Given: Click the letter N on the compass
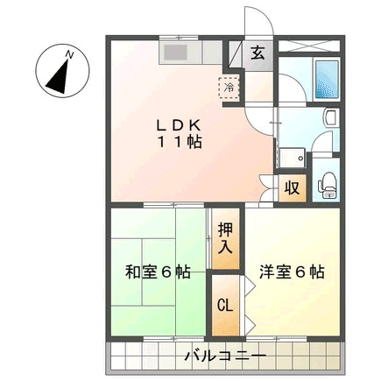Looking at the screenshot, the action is [x=69, y=54].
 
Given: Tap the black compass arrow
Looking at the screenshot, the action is [x=60, y=76].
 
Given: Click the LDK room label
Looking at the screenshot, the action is [x=179, y=125].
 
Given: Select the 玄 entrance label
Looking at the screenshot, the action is [x=258, y=53].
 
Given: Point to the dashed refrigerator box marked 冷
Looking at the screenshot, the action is [x=229, y=88].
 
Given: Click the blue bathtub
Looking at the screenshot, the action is [x=327, y=79].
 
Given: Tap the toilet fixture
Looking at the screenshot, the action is [x=328, y=186].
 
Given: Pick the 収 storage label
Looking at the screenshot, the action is [x=293, y=188].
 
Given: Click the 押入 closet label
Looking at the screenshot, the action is [x=226, y=238].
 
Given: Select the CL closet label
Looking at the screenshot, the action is [x=225, y=306].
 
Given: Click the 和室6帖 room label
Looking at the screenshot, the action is [x=158, y=272].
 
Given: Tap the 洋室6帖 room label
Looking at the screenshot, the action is [x=292, y=272].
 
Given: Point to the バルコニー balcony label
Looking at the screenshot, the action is [x=225, y=356].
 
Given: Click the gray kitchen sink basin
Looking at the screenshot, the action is [x=175, y=53].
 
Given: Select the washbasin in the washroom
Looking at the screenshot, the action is [x=331, y=117].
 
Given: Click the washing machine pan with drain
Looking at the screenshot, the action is [x=293, y=158].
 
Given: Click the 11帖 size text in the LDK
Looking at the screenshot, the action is [x=180, y=143].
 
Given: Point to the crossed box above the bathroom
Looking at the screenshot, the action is [x=309, y=46].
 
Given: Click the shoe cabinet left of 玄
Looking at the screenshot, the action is [x=235, y=55].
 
